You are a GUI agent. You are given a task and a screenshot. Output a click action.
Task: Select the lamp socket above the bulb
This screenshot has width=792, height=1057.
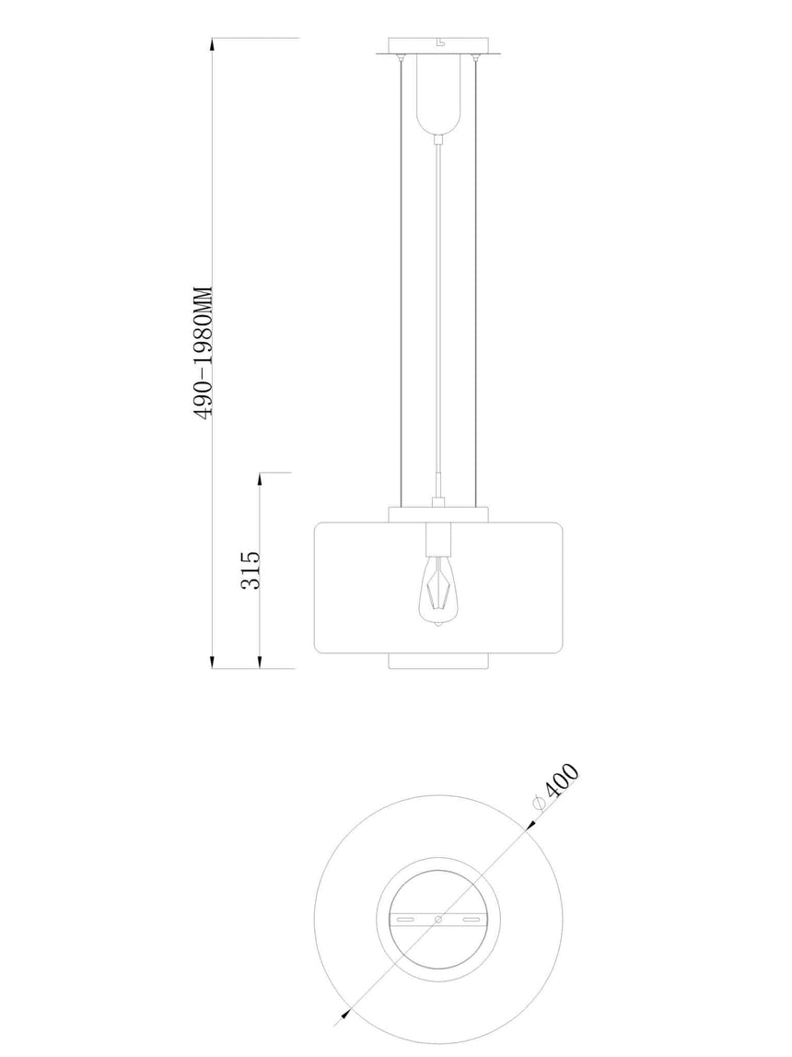click(x=438, y=537)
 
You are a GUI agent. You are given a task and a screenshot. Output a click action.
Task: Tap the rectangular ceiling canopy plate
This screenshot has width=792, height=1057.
click(x=438, y=46)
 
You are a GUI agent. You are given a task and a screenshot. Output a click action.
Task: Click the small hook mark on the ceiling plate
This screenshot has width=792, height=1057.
click(x=439, y=42)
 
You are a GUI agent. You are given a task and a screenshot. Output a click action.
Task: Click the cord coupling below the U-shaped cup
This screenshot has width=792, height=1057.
click(x=438, y=140)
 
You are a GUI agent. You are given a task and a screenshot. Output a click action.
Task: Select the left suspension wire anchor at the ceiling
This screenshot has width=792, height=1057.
click(x=400, y=59)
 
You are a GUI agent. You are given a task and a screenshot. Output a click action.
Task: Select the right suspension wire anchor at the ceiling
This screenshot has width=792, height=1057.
click(x=477, y=59)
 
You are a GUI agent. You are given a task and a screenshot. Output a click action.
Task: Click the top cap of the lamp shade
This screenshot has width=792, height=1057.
click(x=438, y=514)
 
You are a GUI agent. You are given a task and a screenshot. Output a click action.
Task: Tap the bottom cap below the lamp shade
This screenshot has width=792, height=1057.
click(x=438, y=661)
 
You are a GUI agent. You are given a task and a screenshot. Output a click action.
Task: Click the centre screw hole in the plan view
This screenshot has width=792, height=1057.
click(x=438, y=920)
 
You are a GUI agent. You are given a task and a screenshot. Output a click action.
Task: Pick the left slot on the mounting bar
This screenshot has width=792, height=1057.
click(x=405, y=920)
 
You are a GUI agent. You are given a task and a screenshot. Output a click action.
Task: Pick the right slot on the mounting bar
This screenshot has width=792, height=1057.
click(x=472, y=920)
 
